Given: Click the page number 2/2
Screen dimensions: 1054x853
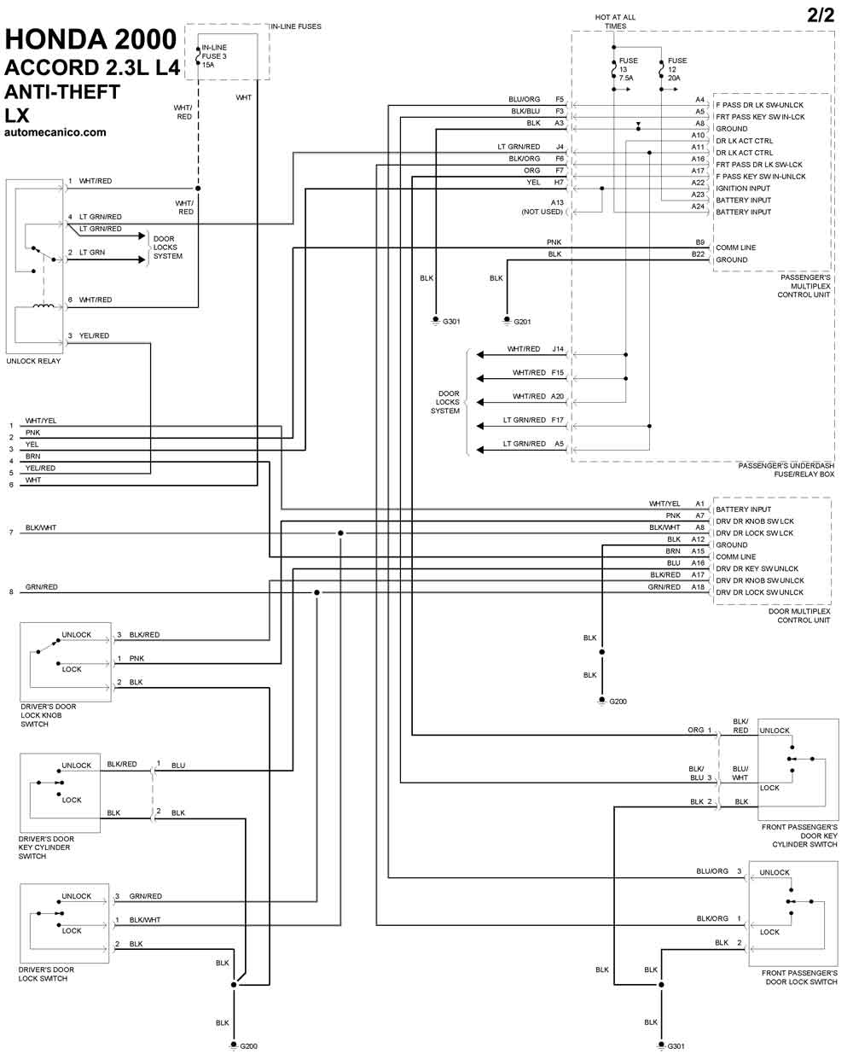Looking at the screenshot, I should tap(821, 15).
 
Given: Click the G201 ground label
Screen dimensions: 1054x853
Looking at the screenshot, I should tap(522, 322).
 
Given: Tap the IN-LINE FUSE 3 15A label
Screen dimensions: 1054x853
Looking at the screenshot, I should tap(214, 56).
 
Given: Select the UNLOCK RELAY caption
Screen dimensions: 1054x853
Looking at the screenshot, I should tap(33, 361).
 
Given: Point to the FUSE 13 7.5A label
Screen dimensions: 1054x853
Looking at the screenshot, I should tap(627, 69).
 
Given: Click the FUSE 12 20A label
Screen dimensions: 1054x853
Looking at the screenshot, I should tap(676, 69).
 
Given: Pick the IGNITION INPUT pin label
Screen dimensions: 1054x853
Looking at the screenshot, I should tap(743, 189).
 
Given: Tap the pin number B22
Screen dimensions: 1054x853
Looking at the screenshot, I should tap(698, 254).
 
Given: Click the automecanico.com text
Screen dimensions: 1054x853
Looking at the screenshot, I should tap(55, 132).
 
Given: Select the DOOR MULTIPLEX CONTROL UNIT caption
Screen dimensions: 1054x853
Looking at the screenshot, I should tap(798, 616).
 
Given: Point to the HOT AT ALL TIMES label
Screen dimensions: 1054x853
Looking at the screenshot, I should tap(615, 21).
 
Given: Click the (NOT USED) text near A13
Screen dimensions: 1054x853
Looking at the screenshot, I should tap(543, 212).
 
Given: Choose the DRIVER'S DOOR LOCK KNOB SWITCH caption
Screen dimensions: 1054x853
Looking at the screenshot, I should tap(48, 715).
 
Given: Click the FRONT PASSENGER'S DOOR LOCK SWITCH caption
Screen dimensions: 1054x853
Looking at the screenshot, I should tap(799, 977).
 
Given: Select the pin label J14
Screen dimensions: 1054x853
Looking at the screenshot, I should tap(558, 349).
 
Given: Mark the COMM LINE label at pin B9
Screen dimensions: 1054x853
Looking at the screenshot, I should tap(735, 247).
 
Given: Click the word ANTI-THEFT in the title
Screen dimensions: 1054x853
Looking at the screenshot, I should tap(62, 92).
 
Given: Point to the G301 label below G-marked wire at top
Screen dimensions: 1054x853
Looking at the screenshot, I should tap(450, 322).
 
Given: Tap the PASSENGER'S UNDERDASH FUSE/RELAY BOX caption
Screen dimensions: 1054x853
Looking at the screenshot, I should tap(786, 469).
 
